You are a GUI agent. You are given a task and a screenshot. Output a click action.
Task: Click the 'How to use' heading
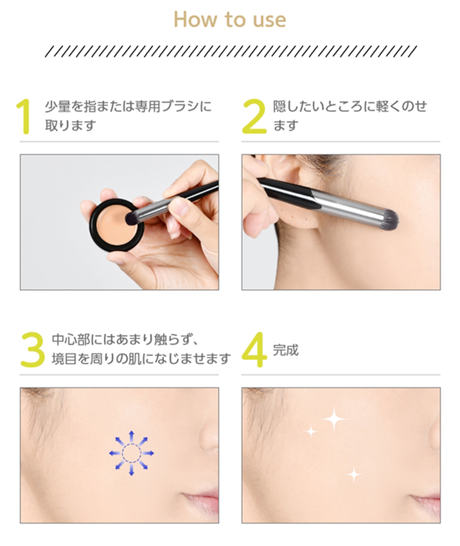[x=229, y=20]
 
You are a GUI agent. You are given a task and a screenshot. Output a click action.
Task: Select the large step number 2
[x=254, y=116]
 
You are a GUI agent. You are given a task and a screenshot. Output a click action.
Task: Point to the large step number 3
[x=32, y=349]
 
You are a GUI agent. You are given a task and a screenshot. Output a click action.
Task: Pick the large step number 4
[x=254, y=349]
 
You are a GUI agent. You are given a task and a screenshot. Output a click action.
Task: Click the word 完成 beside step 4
[x=286, y=351]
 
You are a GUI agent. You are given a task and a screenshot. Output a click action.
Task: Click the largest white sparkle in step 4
[x=334, y=420]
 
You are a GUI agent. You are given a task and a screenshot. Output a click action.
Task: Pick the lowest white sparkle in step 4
[x=353, y=474]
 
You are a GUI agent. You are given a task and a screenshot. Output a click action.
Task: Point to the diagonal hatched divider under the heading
[x=230, y=51]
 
